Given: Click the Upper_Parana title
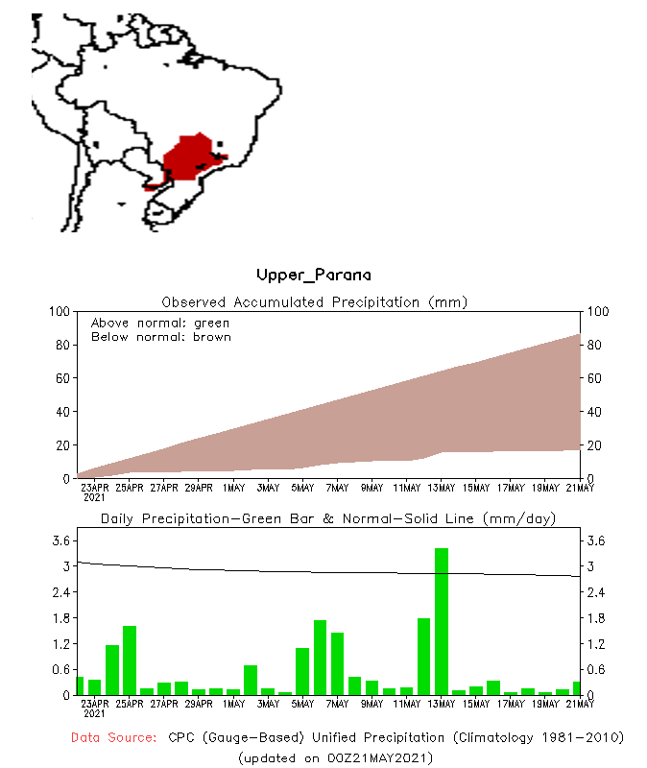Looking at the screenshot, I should coord(314,276).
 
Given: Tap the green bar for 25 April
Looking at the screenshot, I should coord(130,660).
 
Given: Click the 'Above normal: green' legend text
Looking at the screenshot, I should coord(160,324).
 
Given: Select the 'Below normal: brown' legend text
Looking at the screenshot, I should coord(160,337).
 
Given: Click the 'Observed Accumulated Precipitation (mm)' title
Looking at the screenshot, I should coord(314,302).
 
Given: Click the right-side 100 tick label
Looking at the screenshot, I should coord(597,312).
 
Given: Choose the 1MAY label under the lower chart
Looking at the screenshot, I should coord(233,704).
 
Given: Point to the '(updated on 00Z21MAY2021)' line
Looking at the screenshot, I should coord(335,756).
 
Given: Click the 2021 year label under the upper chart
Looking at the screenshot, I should coord(94,497).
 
